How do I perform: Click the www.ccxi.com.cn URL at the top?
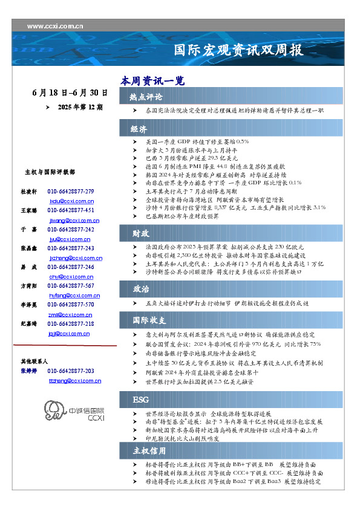pos(55,26)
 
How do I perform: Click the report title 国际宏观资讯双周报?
pos(238,50)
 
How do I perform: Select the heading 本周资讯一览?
pos(152,80)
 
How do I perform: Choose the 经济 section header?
pos(140,129)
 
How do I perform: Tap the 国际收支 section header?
pos(149,320)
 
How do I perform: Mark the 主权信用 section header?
pos(149,450)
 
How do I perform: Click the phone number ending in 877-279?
pos(71,192)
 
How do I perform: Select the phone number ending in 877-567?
pos(71,285)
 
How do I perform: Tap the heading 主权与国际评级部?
pos(50,172)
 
